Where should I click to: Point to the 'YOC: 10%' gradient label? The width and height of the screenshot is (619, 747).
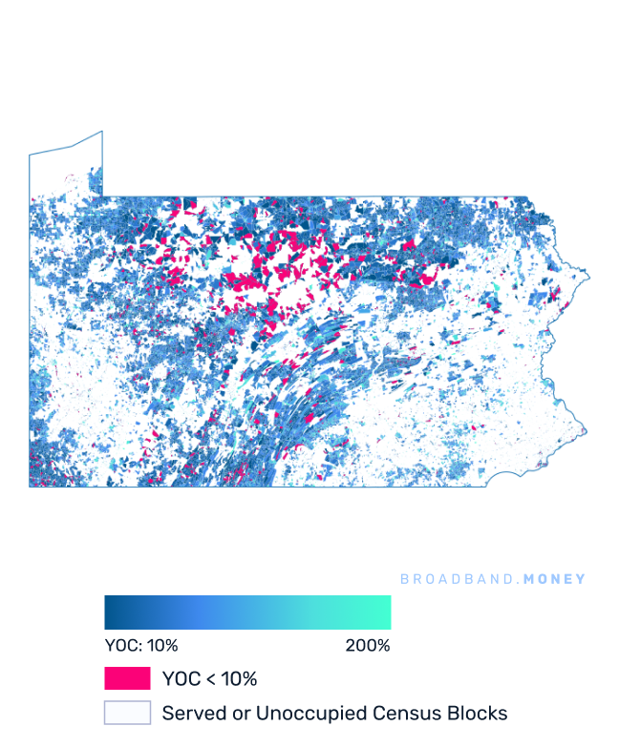click(140, 646)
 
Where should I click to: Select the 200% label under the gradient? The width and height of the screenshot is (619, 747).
click(368, 646)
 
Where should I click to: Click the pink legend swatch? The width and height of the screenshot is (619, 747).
click(127, 678)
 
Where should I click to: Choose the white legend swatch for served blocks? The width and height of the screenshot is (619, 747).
click(127, 713)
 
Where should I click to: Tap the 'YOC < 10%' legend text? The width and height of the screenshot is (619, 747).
click(209, 679)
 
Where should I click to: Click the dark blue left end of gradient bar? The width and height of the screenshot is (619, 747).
click(109, 612)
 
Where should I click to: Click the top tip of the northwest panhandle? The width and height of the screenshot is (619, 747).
click(101, 133)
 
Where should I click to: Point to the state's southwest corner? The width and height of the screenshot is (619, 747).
click(30, 487)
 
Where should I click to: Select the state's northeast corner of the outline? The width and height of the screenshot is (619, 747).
click(527, 197)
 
